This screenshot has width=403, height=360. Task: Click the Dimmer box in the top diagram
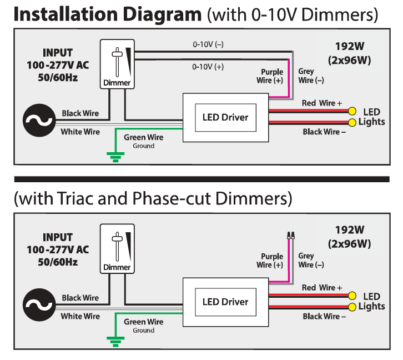coord(117,64)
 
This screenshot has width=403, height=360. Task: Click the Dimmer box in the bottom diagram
coord(117,248)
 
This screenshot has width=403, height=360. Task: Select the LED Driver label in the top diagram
coord(225,117)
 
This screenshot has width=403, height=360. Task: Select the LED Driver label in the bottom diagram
coord(225,302)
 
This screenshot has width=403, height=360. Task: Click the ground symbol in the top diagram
coord(115,158)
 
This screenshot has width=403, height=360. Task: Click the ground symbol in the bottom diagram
coord(115,342)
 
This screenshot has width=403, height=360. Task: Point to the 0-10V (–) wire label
coord(208,44)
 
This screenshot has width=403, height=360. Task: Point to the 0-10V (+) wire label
coord(208,67)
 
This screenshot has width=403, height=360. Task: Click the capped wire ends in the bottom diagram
coord(290,234)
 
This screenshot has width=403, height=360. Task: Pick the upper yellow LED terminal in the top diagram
coord(351,112)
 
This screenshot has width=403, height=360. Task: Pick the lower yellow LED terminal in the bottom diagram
coord(351,307)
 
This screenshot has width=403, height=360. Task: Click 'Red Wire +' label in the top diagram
coord(322,103)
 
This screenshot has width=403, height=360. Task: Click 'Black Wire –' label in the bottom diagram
coord(324,316)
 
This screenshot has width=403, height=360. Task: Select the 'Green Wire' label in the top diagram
coord(143,137)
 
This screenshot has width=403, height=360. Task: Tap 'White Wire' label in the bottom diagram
coord(80,316)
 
